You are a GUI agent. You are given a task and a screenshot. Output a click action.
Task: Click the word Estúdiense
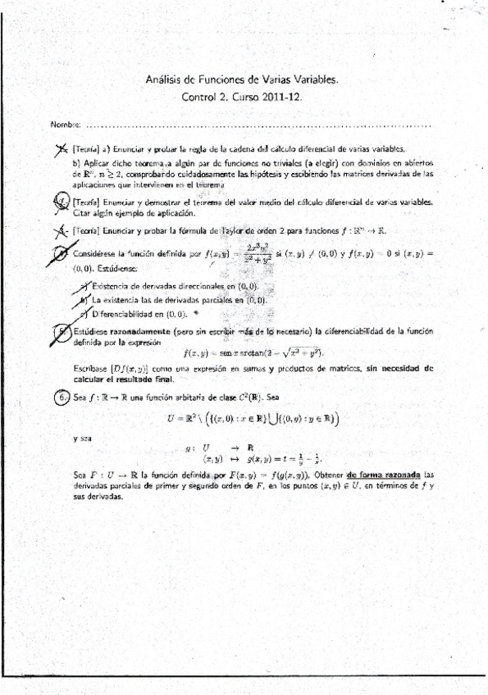[x=119, y=268]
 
